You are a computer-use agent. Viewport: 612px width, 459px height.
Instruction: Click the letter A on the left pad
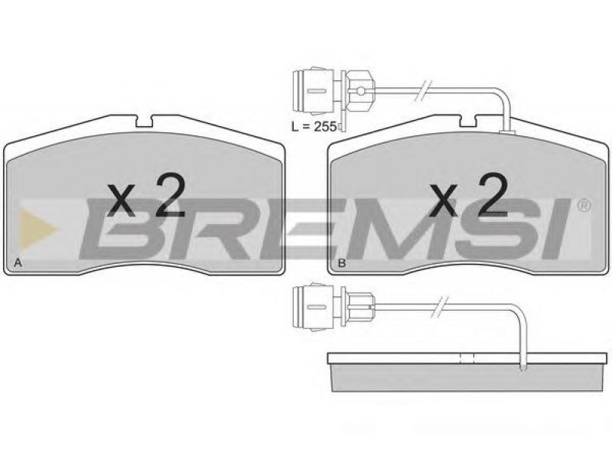tap(18, 262)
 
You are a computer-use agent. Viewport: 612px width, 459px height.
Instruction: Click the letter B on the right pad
tap(341, 262)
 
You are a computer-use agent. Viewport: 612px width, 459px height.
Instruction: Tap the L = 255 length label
tap(314, 126)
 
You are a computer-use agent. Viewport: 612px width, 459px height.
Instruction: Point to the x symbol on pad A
tap(122, 200)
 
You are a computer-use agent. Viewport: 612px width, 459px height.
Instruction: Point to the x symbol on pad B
tap(443, 200)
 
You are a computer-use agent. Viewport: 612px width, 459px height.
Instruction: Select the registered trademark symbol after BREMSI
tap(584, 205)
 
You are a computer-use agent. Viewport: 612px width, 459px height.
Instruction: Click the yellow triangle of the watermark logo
tap(37, 228)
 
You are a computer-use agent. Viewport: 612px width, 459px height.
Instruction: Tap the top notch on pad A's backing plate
tap(144, 122)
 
